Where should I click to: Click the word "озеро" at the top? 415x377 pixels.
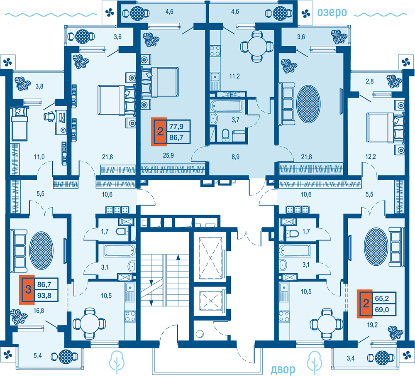332,13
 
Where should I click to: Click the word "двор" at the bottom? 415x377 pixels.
283,369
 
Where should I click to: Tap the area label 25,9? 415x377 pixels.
168,155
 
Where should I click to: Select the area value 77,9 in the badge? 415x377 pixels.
176,126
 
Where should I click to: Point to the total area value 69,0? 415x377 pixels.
382,309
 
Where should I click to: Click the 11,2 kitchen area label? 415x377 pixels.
234,76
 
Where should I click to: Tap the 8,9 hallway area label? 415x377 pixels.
236,157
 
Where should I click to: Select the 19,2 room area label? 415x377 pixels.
372,325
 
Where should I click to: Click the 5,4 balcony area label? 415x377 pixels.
38,355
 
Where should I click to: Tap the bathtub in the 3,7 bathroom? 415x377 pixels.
226,106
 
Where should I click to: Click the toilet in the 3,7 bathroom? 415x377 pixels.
225,134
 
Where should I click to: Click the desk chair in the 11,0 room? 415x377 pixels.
49,117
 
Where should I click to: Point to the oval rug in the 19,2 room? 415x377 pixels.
376,246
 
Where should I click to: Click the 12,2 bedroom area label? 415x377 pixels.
371,157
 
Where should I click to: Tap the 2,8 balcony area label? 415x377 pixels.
370,81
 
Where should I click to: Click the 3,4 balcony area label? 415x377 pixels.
351,359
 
